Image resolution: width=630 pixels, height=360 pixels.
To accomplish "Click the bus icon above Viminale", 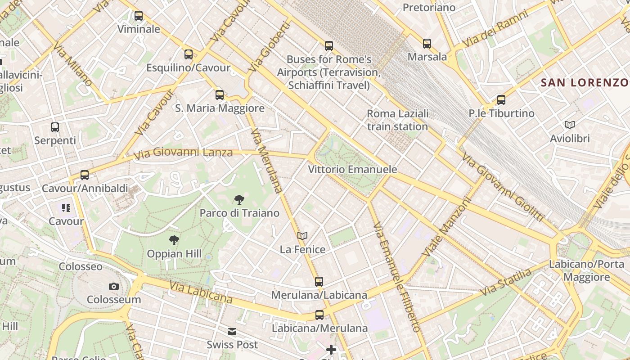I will click(x=139, y=16).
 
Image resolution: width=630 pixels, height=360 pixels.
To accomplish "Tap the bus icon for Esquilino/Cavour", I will click(x=189, y=54).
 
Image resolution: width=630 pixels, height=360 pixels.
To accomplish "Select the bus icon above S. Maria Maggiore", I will click(x=220, y=95).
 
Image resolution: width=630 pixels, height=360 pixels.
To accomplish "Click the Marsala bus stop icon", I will click(x=427, y=44).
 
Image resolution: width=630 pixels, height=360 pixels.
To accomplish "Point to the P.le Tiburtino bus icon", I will click(x=501, y=100).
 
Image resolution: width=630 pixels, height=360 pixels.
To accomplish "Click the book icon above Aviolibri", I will click(x=570, y=125).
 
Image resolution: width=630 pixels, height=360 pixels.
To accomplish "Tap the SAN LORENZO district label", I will click(x=585, y=82).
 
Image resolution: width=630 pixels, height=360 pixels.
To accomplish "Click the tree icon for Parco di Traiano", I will click(x=239, y=199).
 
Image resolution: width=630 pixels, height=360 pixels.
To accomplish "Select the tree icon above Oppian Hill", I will click(x=174, y=240).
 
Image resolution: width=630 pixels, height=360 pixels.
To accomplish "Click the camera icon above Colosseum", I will click(x=114, y=286).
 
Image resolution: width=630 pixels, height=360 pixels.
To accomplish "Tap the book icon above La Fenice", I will click(x=302, y=236).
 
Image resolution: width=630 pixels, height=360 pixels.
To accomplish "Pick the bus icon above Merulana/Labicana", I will click(x=319, y=282).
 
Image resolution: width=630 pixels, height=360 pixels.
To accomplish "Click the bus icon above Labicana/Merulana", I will click(x=319, y=315).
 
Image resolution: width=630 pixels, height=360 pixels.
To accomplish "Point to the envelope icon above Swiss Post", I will click(x=232, y=332).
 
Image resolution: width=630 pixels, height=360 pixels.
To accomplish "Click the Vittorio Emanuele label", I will click(x=352, y=169).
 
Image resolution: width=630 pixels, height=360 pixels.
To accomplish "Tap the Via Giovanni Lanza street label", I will click(x=184, y=153).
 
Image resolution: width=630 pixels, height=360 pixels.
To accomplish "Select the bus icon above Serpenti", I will click(x=55, y=127).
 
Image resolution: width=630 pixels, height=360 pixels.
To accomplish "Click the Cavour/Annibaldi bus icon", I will click(x=85, y=175).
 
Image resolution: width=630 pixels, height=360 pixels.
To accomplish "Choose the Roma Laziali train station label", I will click(x=397, y=120).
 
